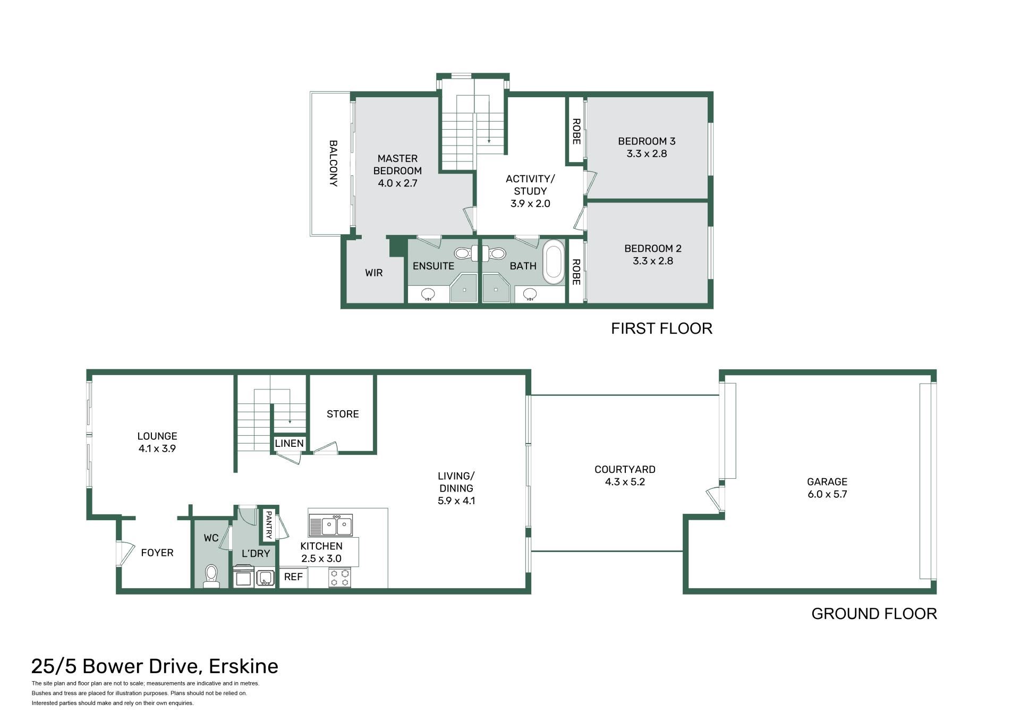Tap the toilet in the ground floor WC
pyautogui.click(x=211, y=576)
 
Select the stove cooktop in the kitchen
pyautogui.click(x=340, y=578)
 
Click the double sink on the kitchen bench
pyautogui.click(x=330, y=525)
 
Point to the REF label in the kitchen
pyautogui.click(x=293, y=576)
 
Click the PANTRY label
pyautogui.click(x=269, y=525)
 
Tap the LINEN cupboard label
pyautogui.click(x=290, y=443)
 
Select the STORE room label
pyautogui.click(x=343, y=414)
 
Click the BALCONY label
pyautogui.click(x=333, y=163)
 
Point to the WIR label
pyautogui.click(x=374, y=273)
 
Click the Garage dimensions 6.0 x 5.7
pyautogui.click(x=827, y=494)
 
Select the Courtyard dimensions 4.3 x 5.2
pyautogui.click(x=625, y=482)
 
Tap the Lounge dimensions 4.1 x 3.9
pyautogui.click(x=157, y=448)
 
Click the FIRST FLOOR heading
pyautogui.click(x=661, y=328)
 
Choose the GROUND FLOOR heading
pyautogui.click(x=874, y=614)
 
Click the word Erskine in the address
pyautogui.click(x=243, y=666)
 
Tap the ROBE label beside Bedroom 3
pyautogui.click(x=576, y=131)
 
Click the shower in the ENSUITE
pyautogui.click(x=464, y=289)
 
